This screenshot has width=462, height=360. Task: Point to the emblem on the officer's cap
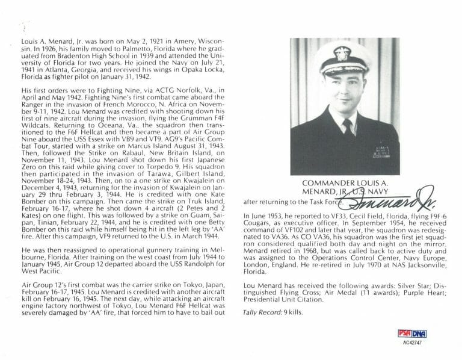point(342,53)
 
